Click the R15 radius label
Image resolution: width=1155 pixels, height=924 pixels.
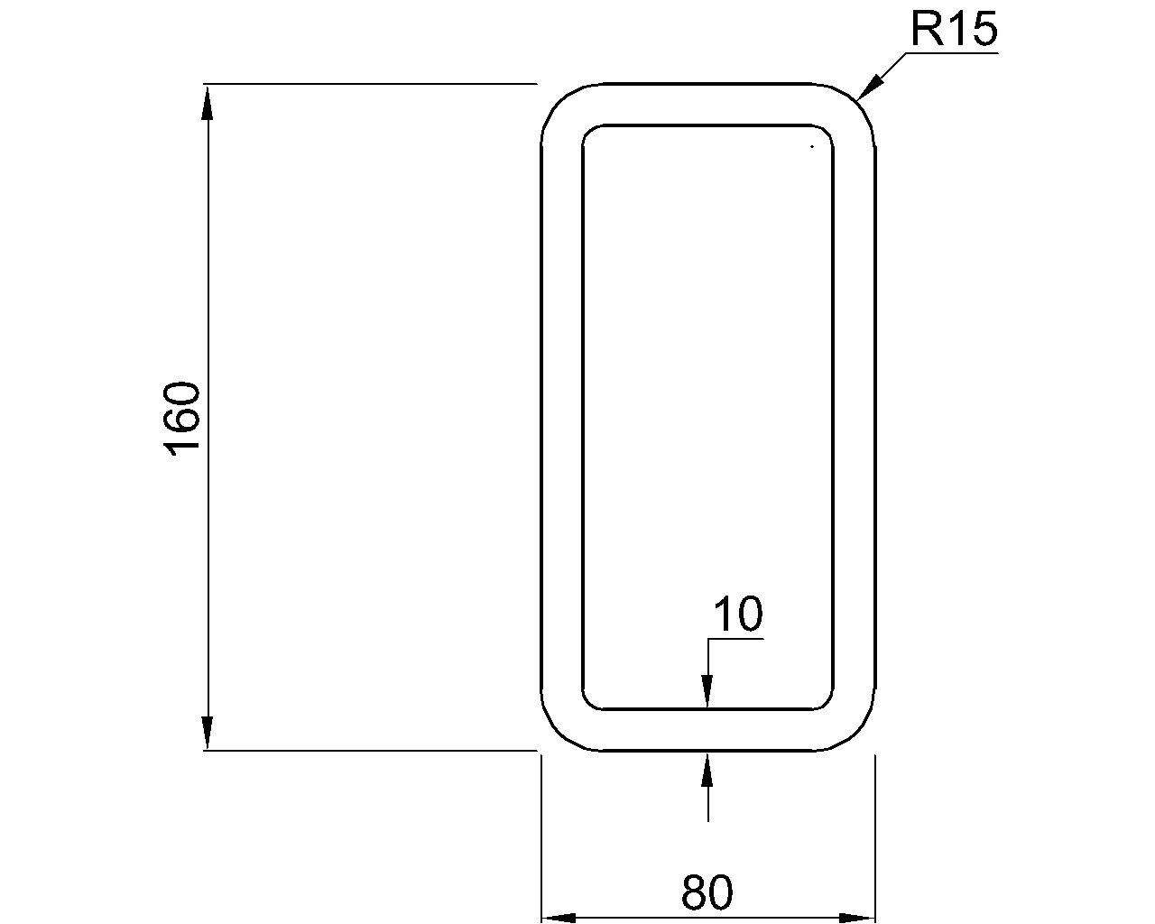953,30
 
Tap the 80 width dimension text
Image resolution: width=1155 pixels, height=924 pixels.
707,892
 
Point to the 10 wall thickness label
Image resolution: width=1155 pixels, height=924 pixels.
738,614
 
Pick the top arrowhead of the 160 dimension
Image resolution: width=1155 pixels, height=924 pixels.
208,101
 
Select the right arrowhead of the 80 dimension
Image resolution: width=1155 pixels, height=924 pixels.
857,919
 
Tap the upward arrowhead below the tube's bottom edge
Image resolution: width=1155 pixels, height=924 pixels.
707,769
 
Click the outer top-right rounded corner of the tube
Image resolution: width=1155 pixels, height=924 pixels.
859,101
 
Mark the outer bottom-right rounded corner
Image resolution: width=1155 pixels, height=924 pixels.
859,733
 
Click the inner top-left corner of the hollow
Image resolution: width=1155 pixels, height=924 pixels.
590,133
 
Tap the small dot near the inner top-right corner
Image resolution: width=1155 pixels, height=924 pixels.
812,145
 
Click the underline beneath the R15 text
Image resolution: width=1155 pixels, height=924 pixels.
953,53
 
